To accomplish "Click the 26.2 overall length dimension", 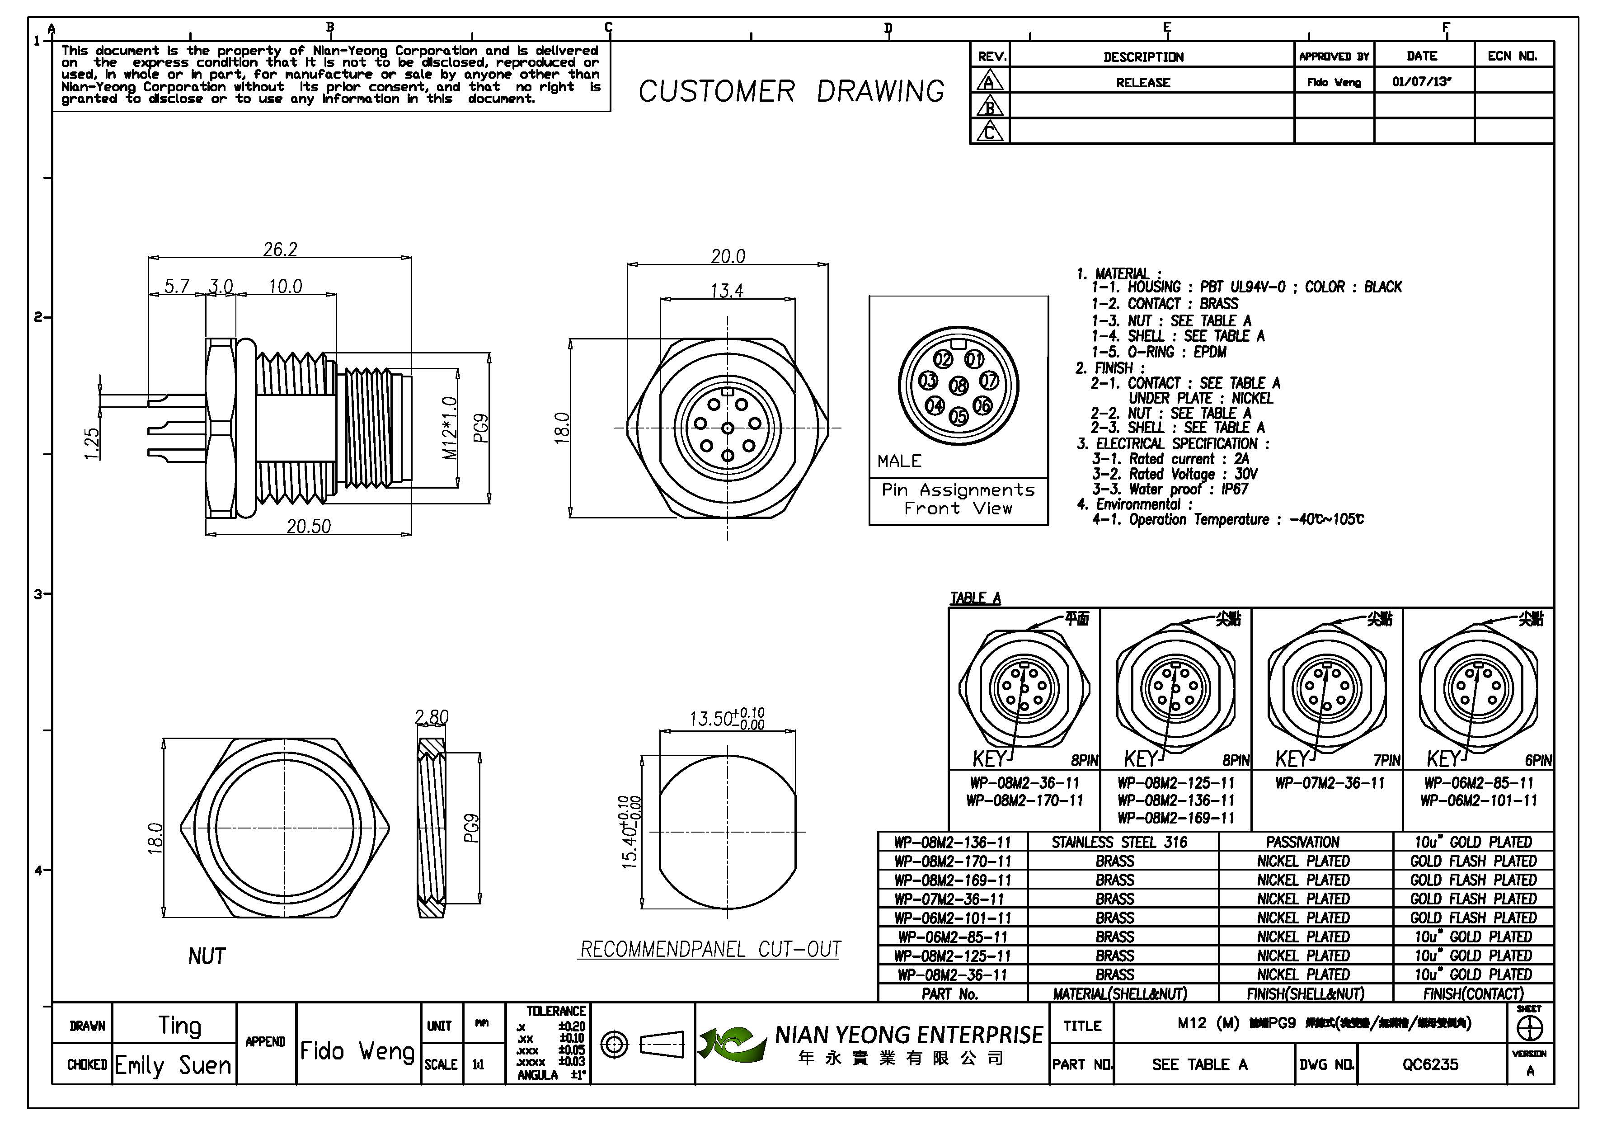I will [x=280, y=249].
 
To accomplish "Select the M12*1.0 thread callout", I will [x=450, y=428].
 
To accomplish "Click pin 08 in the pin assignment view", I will [x=958, y=385].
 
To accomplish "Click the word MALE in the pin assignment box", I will [x=899, y=461].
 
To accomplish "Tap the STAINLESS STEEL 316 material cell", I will [x=1119, y=842].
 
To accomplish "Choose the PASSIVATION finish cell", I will [x=1302, y=842].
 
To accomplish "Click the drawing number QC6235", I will [x=1430, y=1064].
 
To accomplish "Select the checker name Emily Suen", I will [x=173, y=1065].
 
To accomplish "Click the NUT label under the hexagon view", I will [x=207, y=956].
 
